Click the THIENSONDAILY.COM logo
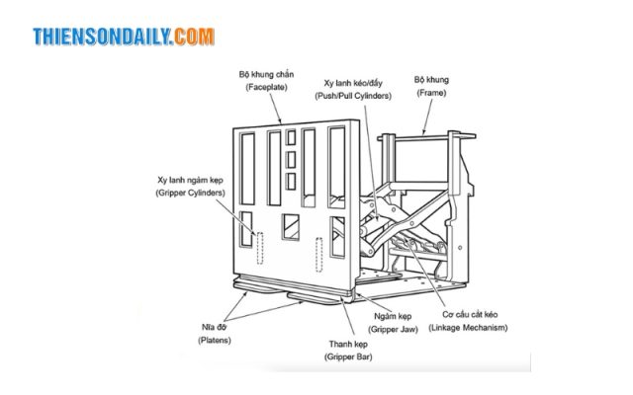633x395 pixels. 123,37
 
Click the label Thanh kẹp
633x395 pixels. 351,344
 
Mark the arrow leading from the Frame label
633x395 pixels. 426,114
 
